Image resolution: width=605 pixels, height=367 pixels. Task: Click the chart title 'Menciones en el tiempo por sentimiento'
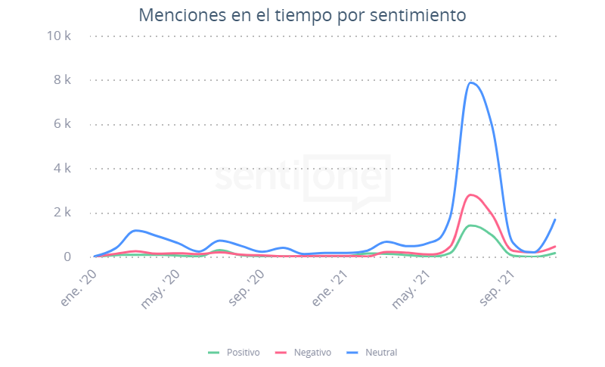[x=302, y=15]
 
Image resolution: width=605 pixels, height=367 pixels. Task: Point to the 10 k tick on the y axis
[x=59, y=36]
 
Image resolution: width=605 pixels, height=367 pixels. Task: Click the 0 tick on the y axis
[x=67, y=257]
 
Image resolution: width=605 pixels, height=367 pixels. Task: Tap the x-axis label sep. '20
[x=247, y=286]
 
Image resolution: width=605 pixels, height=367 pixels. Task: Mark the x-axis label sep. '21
[x=499, y=286]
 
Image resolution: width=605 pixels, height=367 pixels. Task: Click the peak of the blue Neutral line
[x=471, y=82]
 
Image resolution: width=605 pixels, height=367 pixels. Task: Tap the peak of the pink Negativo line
[x=471, y=195]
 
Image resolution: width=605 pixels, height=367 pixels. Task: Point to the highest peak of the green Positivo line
[x=471, y=225]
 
